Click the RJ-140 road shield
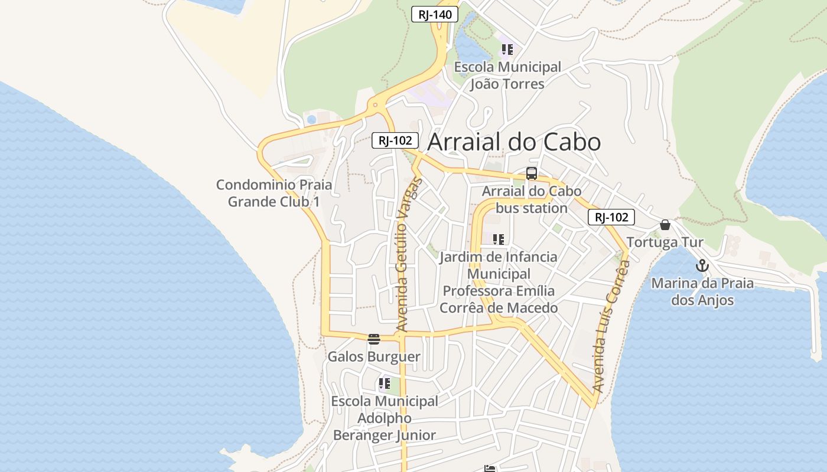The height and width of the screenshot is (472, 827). coord(435,15)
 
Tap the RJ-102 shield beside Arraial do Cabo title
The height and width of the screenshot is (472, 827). coord(395,140)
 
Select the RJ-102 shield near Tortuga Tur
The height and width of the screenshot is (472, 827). coord(611,217)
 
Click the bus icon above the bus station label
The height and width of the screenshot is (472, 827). coord(531,173)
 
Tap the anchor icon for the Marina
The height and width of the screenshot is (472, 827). coord(702,265)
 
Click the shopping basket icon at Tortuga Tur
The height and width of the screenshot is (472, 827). coord(665,225)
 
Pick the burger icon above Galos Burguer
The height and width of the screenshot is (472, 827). coord(373,339)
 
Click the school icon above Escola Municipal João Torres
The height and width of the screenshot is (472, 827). coord(507,50)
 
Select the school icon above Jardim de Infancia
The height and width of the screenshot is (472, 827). coord(499,239)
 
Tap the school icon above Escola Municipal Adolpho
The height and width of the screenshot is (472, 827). coord(385,383)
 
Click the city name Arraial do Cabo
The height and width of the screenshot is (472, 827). coord(513,142)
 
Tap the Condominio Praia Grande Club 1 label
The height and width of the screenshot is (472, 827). coord(274,193)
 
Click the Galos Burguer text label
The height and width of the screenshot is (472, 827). coord(373,356)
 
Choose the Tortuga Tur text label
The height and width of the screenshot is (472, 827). coord(665,242)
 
